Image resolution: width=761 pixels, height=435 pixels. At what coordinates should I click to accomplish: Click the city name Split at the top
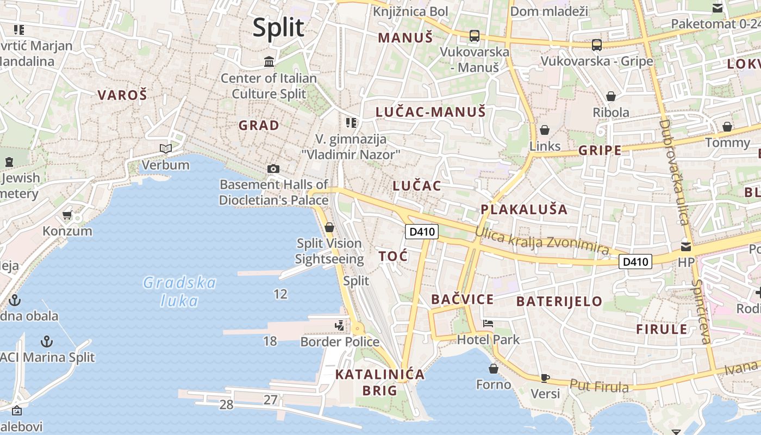(278, 27)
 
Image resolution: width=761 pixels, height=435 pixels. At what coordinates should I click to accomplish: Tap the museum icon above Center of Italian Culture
(269, 61)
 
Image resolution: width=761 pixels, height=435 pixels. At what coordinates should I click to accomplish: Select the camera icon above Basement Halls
(273, 169)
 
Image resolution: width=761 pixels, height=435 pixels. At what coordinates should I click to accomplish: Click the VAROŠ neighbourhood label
(122, 95)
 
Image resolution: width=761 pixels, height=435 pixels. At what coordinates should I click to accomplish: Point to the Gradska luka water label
(179, 291)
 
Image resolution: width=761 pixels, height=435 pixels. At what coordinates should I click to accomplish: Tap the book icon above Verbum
(166, 148)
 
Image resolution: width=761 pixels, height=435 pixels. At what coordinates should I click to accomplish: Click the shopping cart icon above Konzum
(67, 215)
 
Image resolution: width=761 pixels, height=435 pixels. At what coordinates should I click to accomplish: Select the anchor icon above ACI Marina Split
(47, 341)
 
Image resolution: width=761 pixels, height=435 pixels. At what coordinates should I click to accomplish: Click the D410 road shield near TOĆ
(422, 232)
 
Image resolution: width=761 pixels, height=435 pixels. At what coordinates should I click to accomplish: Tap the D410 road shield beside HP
(635, 262)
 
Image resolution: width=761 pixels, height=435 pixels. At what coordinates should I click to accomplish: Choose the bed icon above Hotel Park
(488, 324)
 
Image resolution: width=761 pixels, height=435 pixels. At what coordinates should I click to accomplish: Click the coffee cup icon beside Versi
(545, 378)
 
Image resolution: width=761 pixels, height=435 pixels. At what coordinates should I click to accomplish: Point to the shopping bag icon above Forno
(494, 369)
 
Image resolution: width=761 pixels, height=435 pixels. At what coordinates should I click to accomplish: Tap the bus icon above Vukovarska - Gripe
(597, 45)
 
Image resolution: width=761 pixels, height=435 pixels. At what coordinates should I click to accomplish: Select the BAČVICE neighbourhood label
(462, 299)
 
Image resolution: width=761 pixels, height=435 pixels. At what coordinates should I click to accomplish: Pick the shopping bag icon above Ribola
(611, 96)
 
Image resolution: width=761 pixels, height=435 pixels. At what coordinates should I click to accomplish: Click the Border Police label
(340, 341)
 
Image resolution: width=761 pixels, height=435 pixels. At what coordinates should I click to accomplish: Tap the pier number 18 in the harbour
(270, 341)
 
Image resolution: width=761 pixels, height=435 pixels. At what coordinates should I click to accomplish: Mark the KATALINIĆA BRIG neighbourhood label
(379, 382)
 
